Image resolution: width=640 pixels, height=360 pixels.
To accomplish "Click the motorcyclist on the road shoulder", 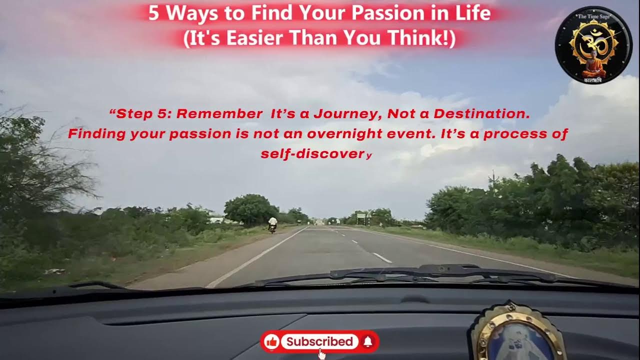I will pyautogui.click(x=272, y=225).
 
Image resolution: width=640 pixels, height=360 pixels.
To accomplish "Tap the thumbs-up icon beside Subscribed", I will pyautogui.click(x=272, y=341).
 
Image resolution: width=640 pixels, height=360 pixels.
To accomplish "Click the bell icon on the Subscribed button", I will pyautogui.click(x=367, y=341).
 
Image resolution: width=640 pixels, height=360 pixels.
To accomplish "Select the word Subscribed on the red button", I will pyautogui.click(x=319, y=341).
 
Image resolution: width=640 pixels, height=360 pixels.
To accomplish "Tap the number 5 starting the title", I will pyautogui.click(x=153, y=13).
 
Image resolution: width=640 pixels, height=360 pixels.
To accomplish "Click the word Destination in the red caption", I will pyautogui.click(x=481, y=114).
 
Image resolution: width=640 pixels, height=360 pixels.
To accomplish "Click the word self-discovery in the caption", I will pyautogui.click(x=316, y=154).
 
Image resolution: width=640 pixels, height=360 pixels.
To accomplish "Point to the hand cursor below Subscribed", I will pyautogui.click(x=322, y=354).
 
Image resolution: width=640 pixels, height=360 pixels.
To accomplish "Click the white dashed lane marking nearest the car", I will pyautogui.click(x=382, y=258).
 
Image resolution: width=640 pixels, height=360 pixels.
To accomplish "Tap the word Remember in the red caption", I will pyautogui.click(x=219, y=114).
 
